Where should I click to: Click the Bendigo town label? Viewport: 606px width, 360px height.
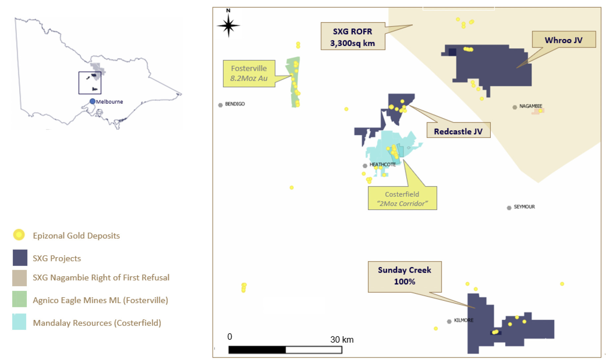[235, 104]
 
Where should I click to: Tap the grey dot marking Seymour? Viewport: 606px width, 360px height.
[509, 208]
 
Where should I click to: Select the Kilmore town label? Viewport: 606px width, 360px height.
[464, 320]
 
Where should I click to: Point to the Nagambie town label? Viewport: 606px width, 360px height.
[530, 106]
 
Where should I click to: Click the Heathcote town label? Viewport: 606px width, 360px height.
[382, 164]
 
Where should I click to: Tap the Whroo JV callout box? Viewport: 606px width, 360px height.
[564, 40]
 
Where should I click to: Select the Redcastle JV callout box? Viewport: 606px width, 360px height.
[458, 130]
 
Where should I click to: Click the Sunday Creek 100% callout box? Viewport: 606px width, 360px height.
[405, 277]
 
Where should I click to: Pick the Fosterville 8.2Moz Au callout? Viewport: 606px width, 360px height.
[249, 73]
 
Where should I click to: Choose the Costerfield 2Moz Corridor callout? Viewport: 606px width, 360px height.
[402, 198]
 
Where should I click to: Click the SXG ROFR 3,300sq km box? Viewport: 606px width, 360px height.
[353, 36]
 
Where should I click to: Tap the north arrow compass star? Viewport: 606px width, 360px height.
[228, 25]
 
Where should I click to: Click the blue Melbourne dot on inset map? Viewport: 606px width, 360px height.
[92, 101]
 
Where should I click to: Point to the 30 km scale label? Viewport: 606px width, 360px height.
[342, 339]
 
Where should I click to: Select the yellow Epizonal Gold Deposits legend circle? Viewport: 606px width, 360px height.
[19, 235]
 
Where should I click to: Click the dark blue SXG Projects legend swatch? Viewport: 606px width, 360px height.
[20, 258]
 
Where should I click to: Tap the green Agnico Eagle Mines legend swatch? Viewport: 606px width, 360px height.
[20, 299]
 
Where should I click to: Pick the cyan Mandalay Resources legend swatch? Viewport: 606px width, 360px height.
[19, 322]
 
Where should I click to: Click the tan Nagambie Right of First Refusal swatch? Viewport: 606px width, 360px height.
[20, 278]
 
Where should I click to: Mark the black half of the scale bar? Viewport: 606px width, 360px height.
[257, 350]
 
